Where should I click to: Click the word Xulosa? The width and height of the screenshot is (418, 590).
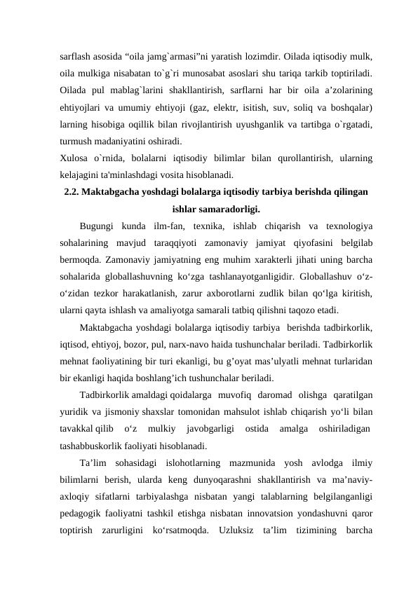74,156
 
